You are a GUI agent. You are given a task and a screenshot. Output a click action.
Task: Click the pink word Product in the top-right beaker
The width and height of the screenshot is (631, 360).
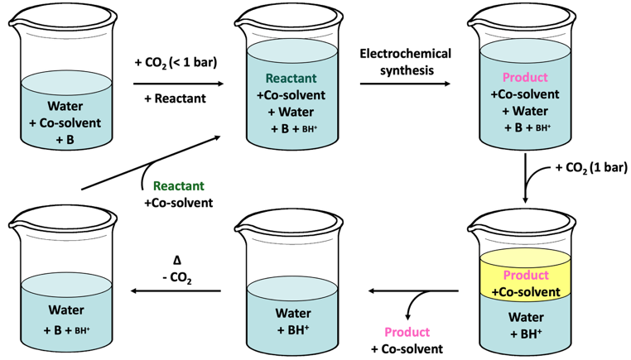(525, 77)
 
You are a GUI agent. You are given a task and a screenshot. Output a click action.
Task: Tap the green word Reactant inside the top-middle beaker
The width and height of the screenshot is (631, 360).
(291, 78)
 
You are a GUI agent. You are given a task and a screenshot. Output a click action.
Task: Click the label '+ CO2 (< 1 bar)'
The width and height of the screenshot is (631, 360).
(176, 63)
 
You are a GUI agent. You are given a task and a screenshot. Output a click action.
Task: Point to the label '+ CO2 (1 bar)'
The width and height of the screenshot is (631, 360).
(591, 168)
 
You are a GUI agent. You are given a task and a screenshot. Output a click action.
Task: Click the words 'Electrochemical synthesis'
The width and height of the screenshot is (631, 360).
(406, 62)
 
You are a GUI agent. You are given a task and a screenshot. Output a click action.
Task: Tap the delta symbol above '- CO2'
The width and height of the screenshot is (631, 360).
(177, 261)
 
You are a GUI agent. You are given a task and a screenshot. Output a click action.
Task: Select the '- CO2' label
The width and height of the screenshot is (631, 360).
(177, 278)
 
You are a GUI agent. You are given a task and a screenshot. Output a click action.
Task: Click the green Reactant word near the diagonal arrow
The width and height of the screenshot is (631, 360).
(179, 186)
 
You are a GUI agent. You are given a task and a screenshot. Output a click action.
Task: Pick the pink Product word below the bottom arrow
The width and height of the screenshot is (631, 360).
(407, 332)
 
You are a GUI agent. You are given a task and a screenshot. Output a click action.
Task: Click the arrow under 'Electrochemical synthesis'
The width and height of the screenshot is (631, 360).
(405, 84)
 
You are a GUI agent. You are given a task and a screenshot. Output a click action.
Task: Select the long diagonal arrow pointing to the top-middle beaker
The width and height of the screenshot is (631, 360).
(151, 162)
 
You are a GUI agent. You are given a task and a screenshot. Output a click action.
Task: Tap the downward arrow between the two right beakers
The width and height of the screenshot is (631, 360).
(525, 178)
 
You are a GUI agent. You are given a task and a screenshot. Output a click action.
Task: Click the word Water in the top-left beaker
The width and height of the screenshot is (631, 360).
(65, 106)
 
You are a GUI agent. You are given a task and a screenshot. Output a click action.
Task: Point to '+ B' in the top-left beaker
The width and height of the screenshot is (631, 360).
(65, 140)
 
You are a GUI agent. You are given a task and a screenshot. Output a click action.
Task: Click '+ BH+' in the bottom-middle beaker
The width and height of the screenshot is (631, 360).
(293, 330)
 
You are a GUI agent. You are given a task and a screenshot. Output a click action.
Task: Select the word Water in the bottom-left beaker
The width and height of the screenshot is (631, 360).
(66, 310)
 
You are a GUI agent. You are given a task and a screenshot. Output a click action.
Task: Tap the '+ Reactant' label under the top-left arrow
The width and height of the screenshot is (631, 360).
(175, 98)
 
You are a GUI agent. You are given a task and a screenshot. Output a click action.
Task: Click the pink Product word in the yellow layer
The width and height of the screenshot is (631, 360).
(526, 275)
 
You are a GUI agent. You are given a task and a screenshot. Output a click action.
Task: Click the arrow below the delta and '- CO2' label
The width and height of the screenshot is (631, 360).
(176, 290)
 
